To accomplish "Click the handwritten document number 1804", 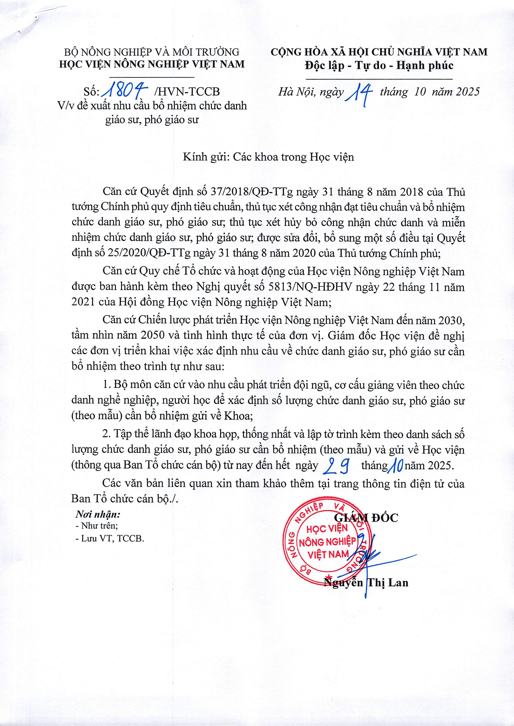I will point(126,91).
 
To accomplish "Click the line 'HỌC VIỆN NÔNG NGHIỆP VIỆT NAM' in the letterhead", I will point(152,64).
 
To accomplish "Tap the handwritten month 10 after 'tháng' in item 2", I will point(396,465).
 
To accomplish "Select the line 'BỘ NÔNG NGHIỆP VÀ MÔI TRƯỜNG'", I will point(152,52).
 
